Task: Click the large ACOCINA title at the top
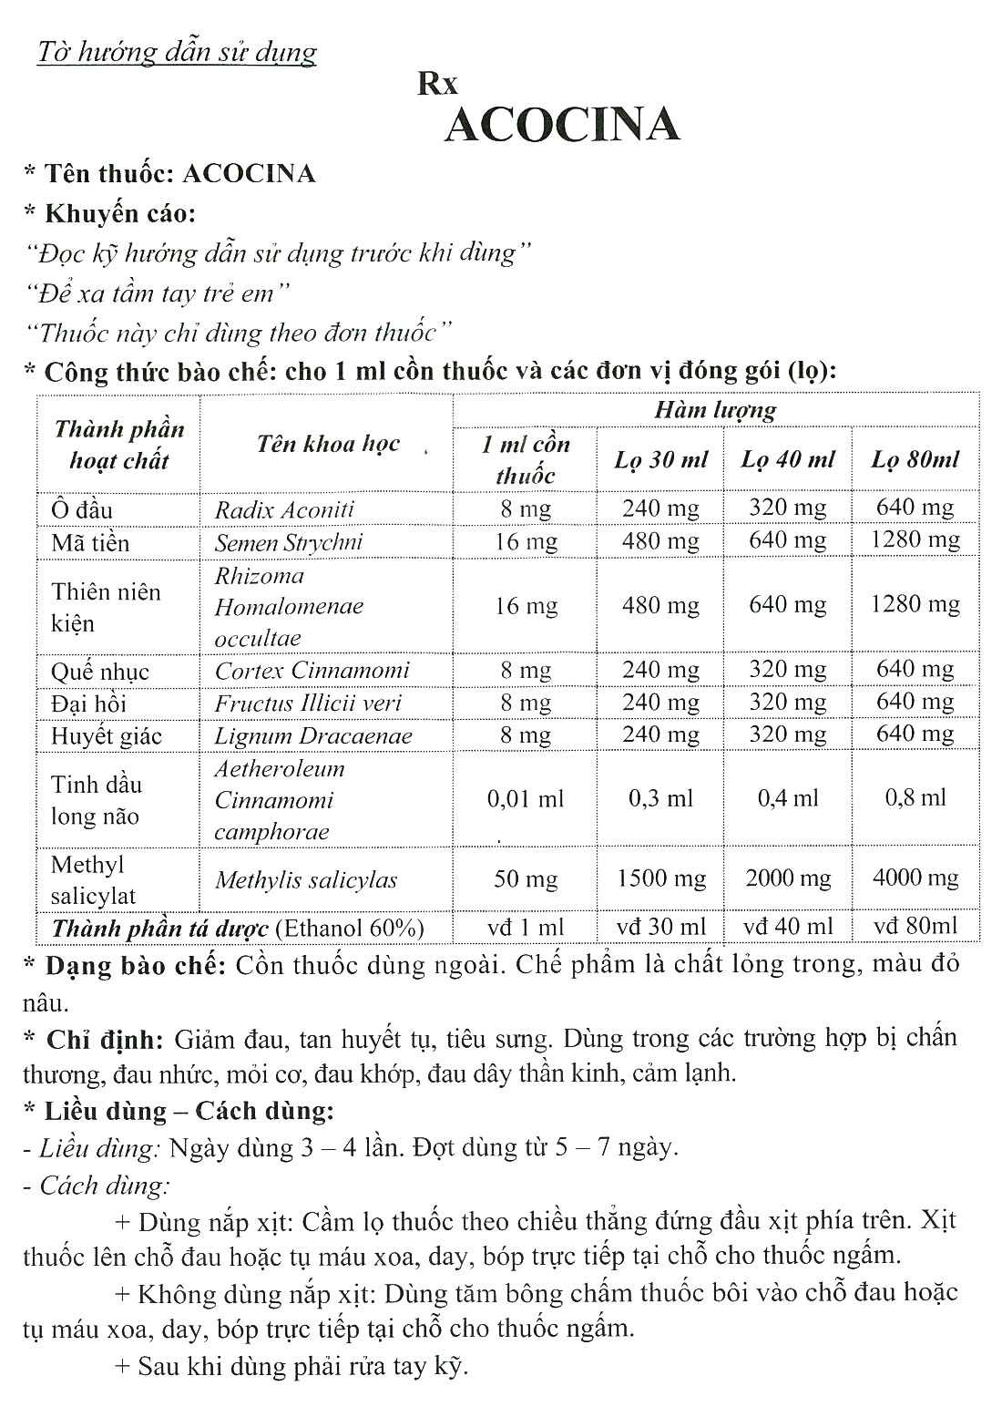(561, 125)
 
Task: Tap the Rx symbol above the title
(437, 84)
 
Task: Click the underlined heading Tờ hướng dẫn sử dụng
(176, 52)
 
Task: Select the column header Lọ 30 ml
(660, 459)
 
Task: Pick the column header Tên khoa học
(328, 444)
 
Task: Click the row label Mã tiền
(90, 543)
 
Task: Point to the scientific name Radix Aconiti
(284, 509)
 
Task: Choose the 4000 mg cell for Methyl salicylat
(915, 878)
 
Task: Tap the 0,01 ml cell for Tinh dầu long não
(526, 799)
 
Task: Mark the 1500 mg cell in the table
(660, 878)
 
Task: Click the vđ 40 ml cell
(788, 927)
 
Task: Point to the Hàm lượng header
(715, 410)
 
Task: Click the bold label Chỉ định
(105, 1039)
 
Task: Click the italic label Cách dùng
(105, 1186)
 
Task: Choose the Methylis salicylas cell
(306, 880)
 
